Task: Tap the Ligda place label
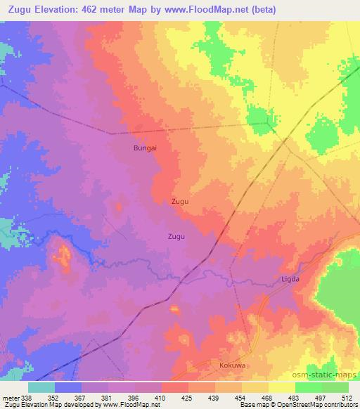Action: [310, 279]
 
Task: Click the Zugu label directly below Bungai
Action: [180, 201]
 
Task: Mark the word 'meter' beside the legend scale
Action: [8, 398]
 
